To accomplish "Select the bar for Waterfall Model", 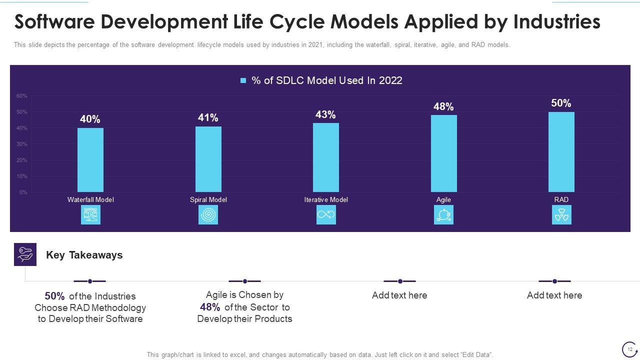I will coord(90,160).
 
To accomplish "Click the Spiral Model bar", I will coord(208,159).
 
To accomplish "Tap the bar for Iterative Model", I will coord(326,157).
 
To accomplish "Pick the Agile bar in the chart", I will coord(443,153).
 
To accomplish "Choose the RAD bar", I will coord(561,152).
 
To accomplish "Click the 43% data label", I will coord(325,114).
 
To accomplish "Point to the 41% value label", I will coord(208,117).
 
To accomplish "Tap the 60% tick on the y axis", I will coord(22,95).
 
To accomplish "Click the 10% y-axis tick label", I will coord(22,176).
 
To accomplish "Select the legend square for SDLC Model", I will coord(243,80).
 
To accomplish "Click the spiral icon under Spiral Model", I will coord(208,215).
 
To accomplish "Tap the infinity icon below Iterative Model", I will coord(326,215).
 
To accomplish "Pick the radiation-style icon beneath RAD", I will coord(561,215).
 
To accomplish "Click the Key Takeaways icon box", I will coord(25,254).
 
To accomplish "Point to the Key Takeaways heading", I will coord(84,255).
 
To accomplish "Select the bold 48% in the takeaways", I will coord(210,307).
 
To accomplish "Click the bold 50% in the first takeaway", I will coord(54,296).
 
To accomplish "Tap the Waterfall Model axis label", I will coord(90,199).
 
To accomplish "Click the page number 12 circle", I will coord(629,349).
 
